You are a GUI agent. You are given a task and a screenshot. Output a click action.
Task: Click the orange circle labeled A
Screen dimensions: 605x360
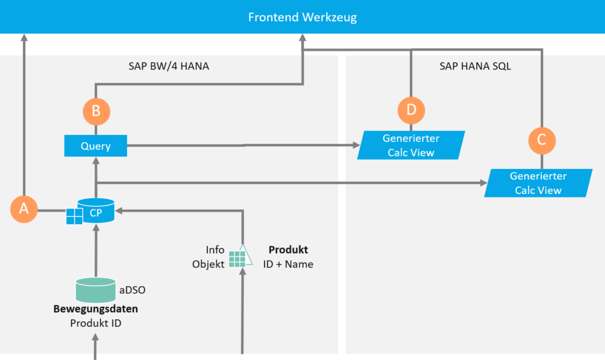click(24, 209)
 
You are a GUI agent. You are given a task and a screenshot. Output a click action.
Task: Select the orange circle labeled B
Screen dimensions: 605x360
click(96, 112)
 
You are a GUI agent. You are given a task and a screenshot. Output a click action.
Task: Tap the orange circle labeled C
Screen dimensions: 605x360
click(542, 141)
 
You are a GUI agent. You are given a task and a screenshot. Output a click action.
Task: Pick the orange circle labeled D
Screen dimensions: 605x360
click(411, 111)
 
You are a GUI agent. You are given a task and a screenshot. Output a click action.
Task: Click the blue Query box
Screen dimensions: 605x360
click(96, 146)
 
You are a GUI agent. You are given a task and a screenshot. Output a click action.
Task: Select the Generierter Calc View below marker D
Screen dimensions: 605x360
click(411, 145)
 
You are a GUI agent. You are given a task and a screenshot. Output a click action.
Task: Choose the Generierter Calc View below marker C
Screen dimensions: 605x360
click(538, 183)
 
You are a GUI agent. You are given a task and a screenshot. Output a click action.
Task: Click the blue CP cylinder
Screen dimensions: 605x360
click(96, 210)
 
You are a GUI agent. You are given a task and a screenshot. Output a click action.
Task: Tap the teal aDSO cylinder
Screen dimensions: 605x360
click(96, 290)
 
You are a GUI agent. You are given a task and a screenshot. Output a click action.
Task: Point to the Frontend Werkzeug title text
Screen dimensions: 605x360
click(302, 17)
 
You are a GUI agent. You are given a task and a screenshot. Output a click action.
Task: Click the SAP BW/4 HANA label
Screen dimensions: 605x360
click(168, 66)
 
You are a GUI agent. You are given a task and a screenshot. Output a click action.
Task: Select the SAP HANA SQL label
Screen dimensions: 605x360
click(475, 66)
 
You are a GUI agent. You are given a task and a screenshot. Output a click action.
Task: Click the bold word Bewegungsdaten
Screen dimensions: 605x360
click(96, 309)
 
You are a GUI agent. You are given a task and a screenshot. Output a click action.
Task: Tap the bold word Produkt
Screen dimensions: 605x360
click(288, 249)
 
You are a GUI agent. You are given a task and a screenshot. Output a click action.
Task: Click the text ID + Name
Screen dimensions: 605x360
click(288, 264)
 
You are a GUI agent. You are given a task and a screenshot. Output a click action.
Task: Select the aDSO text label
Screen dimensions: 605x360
click(132, 290)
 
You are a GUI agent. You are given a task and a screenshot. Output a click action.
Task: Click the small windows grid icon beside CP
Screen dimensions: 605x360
click(74, 216)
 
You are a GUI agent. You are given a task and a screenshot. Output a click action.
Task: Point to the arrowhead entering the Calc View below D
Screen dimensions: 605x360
click(356, 145)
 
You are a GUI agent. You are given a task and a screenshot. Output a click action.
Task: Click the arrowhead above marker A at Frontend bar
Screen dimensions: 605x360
click(24, 37)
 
